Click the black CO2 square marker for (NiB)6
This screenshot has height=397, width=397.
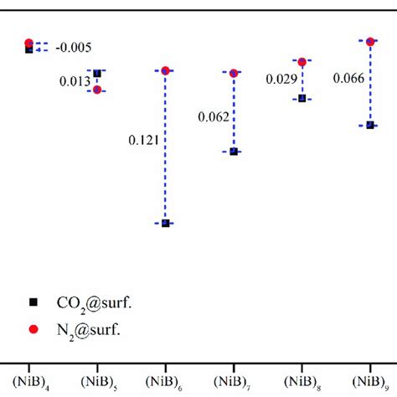point(166,223)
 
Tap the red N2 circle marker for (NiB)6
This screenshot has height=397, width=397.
point(166,70)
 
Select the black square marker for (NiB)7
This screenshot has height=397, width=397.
point(235,152)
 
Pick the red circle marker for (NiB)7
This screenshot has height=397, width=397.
point(235,74)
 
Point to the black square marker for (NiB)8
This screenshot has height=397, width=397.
point(302,99)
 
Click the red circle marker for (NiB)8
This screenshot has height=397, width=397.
point(302,61)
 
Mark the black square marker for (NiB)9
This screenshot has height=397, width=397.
point(370,125)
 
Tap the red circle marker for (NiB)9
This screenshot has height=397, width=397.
point(370,40)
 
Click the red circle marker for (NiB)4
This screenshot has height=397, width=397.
point(28,43)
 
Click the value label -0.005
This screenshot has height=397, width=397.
point(73,47)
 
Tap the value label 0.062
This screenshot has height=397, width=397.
point(214,116)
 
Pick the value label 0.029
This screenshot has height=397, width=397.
point(281,79)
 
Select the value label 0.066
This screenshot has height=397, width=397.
point(348,79)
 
